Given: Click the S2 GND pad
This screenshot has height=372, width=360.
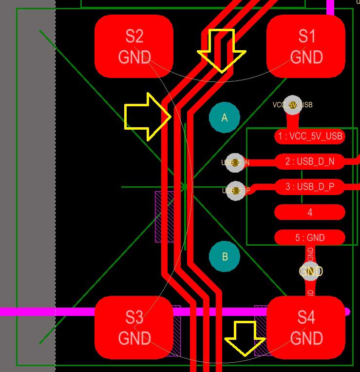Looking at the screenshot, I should [134, 46].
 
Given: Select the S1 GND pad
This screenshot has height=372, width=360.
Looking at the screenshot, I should [306, 46].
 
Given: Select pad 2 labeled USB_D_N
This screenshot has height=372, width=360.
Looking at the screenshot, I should [310, 161].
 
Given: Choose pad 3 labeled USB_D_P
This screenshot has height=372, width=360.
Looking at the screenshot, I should [310, 186].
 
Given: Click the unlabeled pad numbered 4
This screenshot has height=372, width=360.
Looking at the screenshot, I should [310, 212].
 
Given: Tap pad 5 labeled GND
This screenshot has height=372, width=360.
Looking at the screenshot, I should [310, 237].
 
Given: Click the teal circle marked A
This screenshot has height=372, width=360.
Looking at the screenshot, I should [225, 117].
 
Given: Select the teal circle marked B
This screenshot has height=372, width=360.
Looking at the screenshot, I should [225, 256].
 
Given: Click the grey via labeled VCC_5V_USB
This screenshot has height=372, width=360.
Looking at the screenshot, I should [292, 105].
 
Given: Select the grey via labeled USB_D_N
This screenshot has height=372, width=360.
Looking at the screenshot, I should [236, 162].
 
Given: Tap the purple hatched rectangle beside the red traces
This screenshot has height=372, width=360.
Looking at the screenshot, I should [164, 216].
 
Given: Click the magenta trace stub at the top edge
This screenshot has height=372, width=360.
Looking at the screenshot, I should [330, 6].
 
